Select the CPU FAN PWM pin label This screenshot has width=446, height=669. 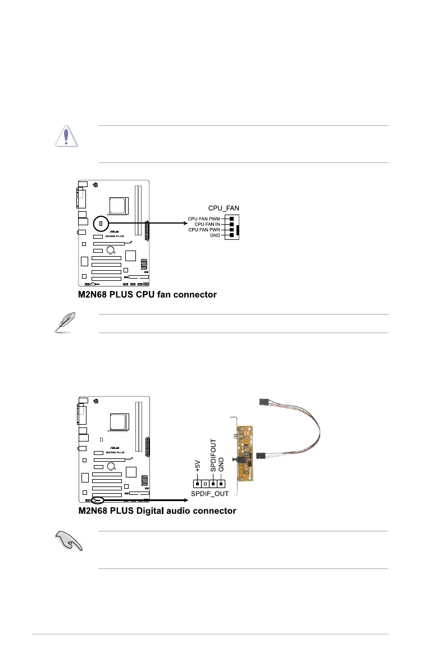click(204, 218)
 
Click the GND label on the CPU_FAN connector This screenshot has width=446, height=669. click(216, 235)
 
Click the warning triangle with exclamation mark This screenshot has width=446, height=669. click(66, 136)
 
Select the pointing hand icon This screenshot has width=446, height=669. click(66, 543)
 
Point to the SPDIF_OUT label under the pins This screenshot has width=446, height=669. click(208, 495)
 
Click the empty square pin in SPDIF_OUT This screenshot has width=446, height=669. click(205, 483)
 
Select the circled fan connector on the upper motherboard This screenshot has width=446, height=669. click(102, 224)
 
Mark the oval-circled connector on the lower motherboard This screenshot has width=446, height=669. click(97, 499)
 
